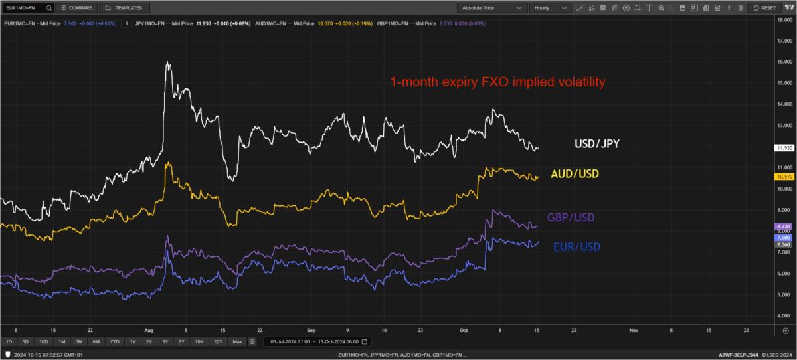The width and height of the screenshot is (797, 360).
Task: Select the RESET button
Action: point(765,8)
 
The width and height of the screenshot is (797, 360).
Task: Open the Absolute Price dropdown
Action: point(491,8)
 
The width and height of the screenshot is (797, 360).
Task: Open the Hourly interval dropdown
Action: point(551,8)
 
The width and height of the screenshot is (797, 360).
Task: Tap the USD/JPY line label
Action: point(597,143)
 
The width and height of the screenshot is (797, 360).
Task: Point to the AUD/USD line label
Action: point(575,174)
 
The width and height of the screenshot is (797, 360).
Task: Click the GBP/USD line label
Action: point(571,217)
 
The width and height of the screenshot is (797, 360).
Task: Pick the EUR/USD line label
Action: point(576,246)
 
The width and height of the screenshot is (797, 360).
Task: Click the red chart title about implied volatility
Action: point(497,83)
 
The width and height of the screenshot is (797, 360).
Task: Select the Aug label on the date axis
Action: point(148,329)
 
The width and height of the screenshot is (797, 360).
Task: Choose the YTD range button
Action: point(115,341)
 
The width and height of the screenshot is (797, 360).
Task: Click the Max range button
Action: point(237,341)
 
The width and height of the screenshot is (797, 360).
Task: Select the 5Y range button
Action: point(181,341)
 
